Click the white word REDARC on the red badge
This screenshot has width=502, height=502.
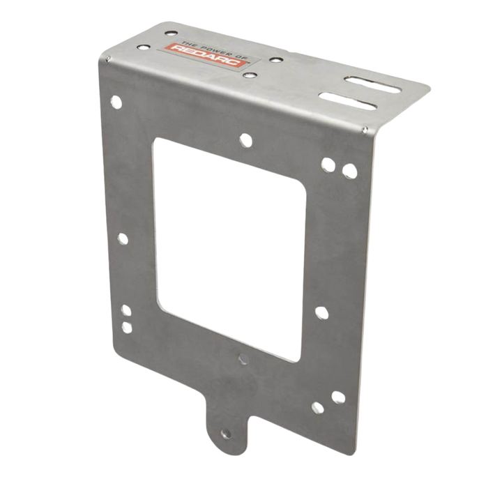point(205,55)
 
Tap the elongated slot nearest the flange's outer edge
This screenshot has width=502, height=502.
point(372,84)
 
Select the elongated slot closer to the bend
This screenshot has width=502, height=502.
point(347,101)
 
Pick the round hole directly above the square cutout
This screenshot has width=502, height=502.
point(245,141)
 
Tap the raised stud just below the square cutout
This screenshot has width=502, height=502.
point(243,359)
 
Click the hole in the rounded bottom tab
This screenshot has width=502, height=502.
point(226,434)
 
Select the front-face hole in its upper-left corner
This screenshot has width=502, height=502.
point(116,102)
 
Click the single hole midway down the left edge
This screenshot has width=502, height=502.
point(123,239)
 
